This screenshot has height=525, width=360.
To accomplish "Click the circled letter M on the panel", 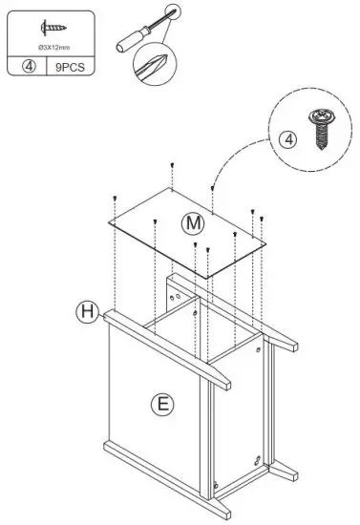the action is [x=194, y=222].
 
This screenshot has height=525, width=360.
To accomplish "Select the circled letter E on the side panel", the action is [x=162, y=403].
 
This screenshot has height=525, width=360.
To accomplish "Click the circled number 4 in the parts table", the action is [x=29, y=67].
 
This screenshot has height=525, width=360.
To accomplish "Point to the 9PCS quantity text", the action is [x=70, y=67].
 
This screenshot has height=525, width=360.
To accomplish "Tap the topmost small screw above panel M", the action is [x=171, y=164].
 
